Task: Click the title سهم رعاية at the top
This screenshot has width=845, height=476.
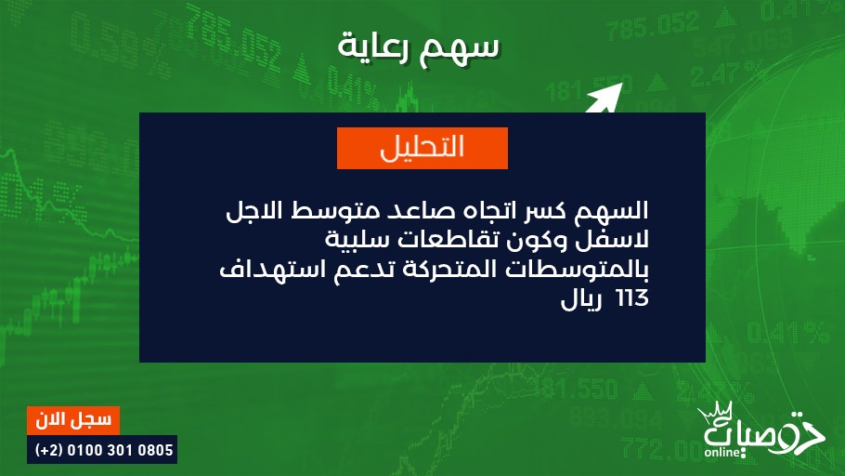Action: point(419,47)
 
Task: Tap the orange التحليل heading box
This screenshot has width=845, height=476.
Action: point(422,148)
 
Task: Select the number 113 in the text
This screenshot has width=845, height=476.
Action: point(631,298)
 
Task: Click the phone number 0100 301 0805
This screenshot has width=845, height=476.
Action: point(120,450)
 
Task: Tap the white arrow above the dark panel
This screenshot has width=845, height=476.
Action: point(604,99)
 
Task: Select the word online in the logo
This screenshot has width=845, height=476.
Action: point(722,452)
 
